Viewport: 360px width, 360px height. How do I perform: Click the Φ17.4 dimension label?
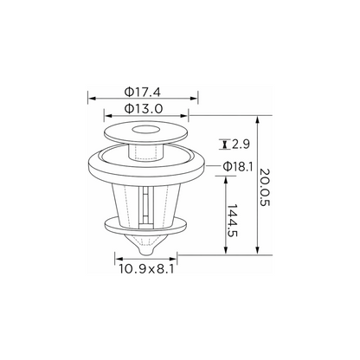(x=143, y=92)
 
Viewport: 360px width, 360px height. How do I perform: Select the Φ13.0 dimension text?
(x=144, y=109)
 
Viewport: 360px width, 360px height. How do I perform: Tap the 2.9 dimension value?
(x=241, y=145)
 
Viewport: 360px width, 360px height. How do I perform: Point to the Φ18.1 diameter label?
(x=238, y=166)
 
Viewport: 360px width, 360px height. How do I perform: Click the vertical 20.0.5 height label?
(x=264, y=187)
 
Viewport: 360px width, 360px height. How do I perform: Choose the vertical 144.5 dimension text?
(x=232, y=221)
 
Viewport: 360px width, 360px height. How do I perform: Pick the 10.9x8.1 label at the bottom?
(x=146, y=269)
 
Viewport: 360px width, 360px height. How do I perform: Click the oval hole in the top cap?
(x=146, y=130)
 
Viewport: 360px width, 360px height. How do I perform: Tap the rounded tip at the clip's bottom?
(x=146, y=251)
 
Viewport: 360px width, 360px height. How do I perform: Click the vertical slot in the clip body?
(x=146, y=205)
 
